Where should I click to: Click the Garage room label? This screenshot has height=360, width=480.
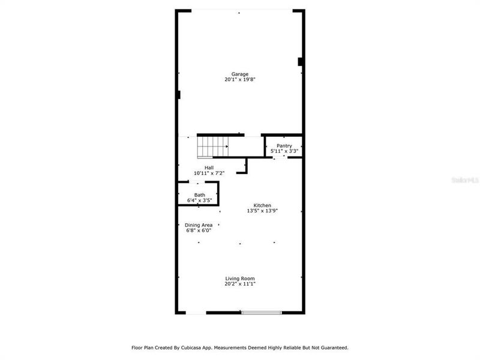[240, 74]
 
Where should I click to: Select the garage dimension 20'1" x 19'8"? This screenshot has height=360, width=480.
[240, 80]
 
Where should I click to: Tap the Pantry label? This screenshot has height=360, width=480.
[284, 146]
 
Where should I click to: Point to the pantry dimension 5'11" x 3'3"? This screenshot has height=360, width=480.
[284, 151]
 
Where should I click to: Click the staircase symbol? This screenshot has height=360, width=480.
[214, 146]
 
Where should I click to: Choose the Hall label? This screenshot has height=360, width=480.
[209, 167]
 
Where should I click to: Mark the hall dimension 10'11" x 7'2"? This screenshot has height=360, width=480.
[209, 173]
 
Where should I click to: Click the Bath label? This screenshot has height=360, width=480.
[199, 195]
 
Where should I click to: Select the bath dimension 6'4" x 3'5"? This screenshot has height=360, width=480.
[199, 200]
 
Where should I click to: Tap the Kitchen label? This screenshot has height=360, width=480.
[262, 205]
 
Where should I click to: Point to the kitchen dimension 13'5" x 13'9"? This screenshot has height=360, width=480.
[262, 211]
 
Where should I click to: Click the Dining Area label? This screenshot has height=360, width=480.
[199, 225]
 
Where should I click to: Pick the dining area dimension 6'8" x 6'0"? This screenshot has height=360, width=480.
[199, 230]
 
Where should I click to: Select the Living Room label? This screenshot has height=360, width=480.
[240, 278]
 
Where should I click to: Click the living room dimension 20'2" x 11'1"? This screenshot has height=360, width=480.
[240, 284]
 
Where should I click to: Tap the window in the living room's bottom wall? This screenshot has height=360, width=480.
[261, 312]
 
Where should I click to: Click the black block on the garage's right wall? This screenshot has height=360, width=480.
[300, 61]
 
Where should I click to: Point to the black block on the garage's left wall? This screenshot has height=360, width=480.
[179, 94]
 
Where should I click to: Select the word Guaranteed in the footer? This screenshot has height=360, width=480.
[334, 347]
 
